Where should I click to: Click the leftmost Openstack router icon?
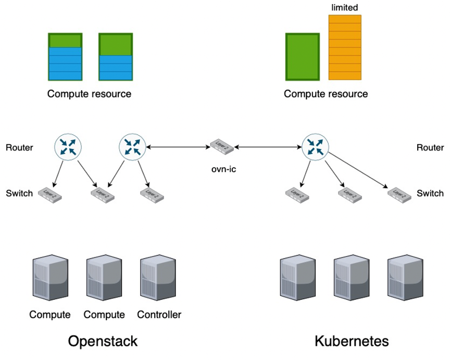[67, 146]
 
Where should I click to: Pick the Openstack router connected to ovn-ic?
[132, 146]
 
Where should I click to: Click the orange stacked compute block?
[345, 47]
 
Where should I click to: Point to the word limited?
[345, 7]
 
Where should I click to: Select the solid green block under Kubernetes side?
[302, 57]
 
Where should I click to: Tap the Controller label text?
[159, 315]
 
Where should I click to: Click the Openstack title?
[103, 341]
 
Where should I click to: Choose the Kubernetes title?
[352, 341]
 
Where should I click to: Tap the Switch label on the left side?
[19, 193]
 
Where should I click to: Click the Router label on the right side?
[430, 148]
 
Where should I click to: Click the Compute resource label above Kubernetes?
[326, 94]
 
